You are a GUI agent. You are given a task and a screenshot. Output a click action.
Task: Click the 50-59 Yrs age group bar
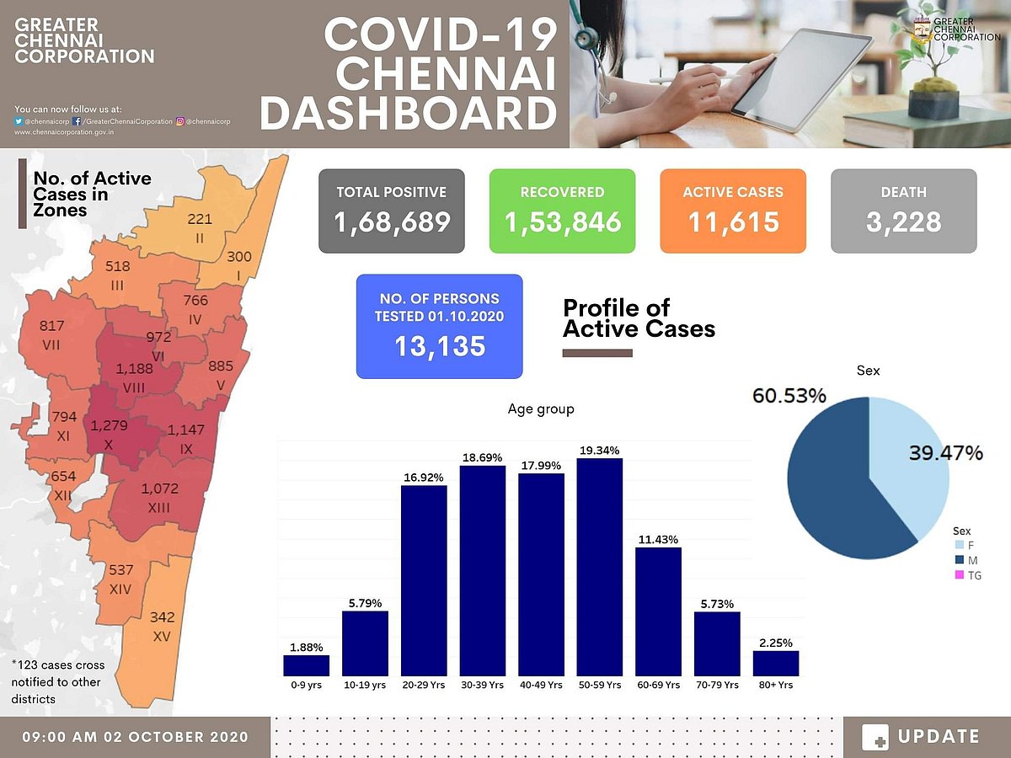599,567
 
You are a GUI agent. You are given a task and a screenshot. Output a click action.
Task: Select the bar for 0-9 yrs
306,665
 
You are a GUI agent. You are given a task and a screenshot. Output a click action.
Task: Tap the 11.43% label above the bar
658,539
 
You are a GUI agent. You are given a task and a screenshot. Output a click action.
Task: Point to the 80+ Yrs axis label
775,685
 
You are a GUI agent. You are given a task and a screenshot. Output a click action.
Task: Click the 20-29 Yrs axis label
423,685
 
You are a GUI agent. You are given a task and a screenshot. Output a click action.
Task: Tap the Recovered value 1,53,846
563,222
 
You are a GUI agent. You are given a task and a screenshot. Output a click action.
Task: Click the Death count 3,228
903,222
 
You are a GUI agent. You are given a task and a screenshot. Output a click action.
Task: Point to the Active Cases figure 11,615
732,222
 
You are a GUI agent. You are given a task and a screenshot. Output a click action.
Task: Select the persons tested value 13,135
439,344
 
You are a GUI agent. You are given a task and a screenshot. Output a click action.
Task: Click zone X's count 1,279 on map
110,425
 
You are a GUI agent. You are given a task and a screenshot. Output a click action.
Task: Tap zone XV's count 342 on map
162,617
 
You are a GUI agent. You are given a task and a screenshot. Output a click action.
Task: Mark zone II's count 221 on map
200,219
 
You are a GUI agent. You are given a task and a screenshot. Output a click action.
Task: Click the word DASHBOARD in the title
409,113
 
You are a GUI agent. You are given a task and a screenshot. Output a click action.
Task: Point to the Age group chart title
541,409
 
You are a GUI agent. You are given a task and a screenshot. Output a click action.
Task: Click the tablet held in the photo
800,80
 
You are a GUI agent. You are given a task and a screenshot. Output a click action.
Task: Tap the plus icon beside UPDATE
875,737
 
